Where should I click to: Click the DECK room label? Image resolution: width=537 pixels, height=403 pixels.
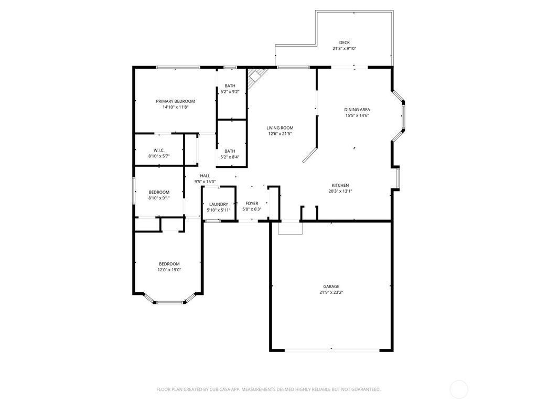tap(344, 43)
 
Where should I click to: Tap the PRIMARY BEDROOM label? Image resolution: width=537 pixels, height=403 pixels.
tap(175, 101)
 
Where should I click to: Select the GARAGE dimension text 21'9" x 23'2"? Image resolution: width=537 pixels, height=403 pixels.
tap(331, 292)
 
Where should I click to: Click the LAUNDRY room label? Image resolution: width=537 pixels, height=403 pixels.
tap(218, 204)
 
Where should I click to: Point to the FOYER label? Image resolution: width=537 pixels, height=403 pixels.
tap(252, 203)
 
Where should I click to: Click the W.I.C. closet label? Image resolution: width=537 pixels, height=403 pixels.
tap(159, 150)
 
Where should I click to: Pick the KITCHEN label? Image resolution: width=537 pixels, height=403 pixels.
tap(340, 185)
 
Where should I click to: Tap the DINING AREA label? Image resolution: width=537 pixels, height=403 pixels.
tap(357, 110)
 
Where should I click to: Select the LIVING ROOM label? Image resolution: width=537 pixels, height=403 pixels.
tap(280, 128)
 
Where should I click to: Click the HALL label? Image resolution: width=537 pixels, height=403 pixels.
tap(205, 176)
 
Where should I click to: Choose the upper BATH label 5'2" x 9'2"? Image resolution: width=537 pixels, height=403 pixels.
tap(230, 86)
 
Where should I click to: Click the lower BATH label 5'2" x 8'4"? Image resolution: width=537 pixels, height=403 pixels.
tap(230, 151)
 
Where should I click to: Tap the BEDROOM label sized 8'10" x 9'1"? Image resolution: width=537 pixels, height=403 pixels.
tap(159, 192)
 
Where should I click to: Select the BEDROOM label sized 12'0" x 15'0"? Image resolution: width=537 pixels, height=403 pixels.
tap(169, 264)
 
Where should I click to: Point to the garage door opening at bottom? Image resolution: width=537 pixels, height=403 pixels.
tap(331, 349)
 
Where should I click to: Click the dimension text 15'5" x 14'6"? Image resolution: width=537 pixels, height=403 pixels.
tap(357, 115)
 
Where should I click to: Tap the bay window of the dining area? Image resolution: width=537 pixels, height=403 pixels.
tap(402, 115)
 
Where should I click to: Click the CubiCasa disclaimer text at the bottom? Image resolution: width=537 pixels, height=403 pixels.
tap(268, 389)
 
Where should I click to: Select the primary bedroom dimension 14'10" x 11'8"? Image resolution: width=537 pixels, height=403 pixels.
tap(175, 107)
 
